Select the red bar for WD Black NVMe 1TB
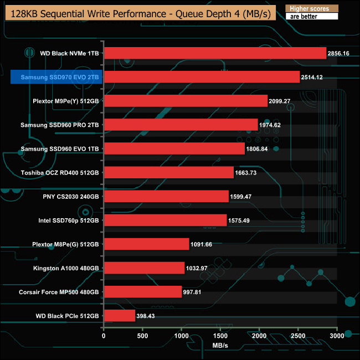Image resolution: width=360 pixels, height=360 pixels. [215, 53]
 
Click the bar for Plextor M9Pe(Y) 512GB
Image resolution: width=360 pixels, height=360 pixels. [186, 101]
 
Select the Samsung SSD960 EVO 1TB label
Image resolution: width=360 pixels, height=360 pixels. [59, 149]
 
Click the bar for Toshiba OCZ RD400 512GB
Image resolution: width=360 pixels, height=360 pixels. [168, 173]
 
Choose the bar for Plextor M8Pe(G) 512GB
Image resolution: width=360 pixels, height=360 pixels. [146, 244]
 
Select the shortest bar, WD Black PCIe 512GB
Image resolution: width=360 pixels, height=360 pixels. [120, 316]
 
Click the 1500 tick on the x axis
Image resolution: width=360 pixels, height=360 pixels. [220, 336]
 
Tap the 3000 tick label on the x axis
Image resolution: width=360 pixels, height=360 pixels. [337, 336]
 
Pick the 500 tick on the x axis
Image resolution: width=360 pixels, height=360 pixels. [142, 336]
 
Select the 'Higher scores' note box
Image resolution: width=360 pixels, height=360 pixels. [311, 9]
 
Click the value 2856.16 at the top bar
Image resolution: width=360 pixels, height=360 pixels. [341, 54]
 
